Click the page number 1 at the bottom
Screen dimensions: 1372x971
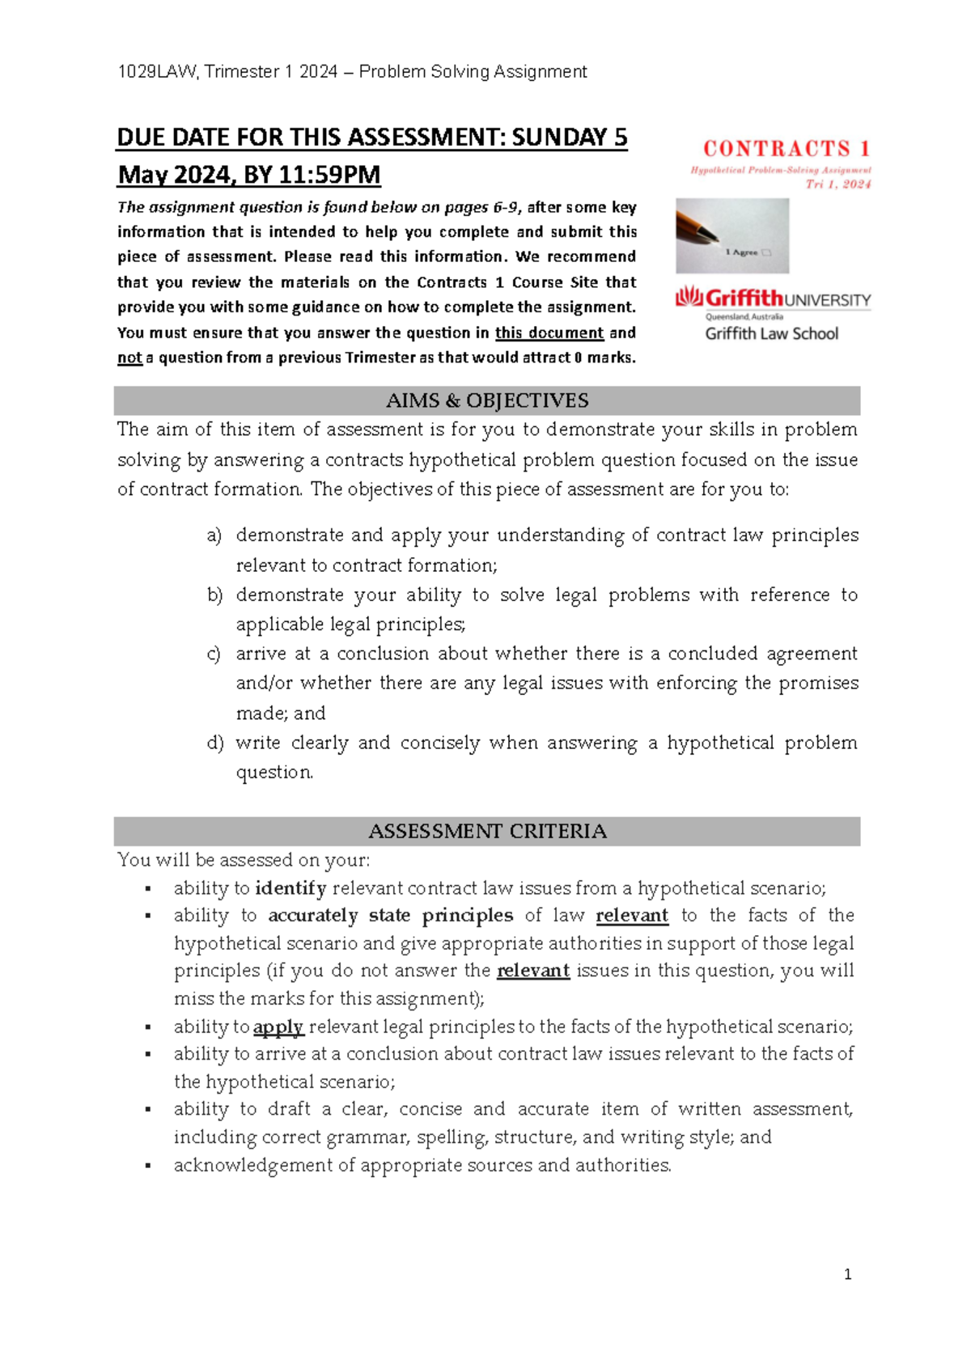point(847,1275)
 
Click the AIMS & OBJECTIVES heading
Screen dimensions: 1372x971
point(486,400)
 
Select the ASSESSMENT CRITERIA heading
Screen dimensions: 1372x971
point(486,831)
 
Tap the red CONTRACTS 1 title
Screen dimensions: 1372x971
point(786,149)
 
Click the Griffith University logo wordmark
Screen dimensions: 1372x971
point(773,299)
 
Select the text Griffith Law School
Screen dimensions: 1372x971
point(771,333)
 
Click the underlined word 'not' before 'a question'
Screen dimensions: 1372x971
point(129,358)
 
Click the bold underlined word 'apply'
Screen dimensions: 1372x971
point(278,1027)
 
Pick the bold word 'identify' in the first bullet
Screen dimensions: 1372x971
point(290,888)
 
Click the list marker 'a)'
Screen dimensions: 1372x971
point(214,536)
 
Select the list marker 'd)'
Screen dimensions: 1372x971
point(214,743)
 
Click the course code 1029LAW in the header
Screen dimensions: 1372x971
point(157,72)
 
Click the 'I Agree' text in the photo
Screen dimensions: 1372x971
point(741,252)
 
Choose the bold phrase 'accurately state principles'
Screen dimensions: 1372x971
point(390,916)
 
